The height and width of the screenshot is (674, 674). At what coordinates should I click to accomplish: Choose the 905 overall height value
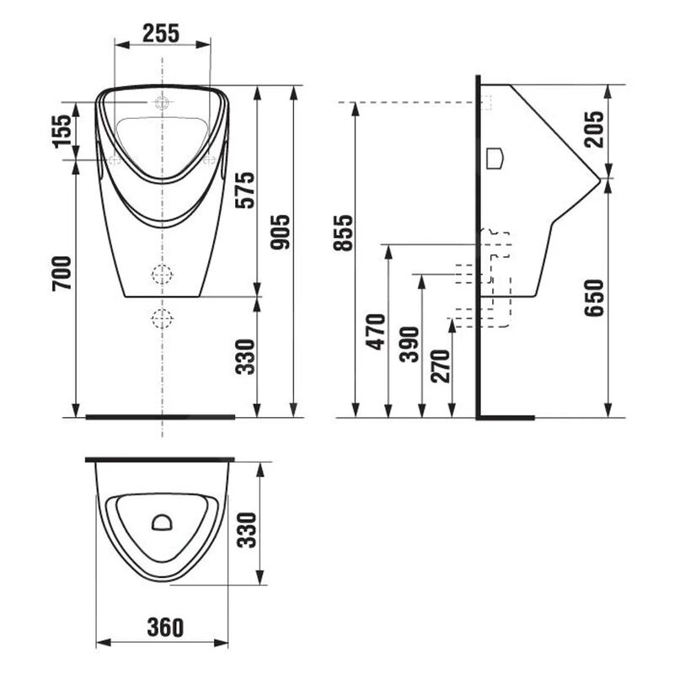click(x=281, y=233)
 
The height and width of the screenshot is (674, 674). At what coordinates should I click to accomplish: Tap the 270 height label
click(x=440, y=366)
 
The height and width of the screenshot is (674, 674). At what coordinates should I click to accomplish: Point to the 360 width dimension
click(x=162, y=627)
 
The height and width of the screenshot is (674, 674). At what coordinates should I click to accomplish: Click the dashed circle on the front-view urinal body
click(x=161, y=273)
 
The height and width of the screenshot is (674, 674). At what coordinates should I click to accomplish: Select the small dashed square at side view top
click(x=486, y=102)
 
